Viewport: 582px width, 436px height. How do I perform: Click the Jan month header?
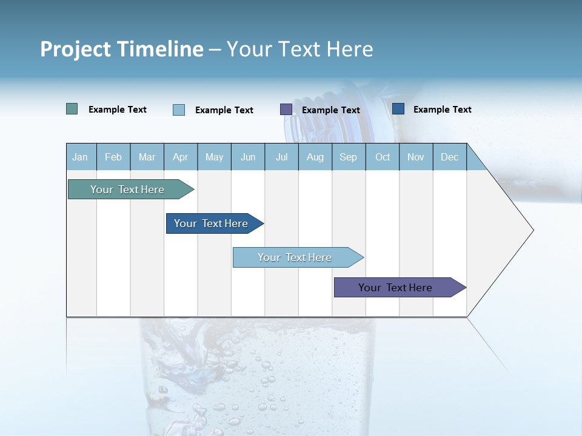80,157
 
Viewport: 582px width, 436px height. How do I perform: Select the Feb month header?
113,157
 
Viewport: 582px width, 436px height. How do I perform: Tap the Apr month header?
181,157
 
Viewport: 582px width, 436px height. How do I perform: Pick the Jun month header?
248,157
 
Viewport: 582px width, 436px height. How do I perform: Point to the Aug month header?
315,157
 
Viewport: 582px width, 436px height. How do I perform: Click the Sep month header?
349,157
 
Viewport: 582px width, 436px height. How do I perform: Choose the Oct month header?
383,157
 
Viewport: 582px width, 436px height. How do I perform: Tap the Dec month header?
450,157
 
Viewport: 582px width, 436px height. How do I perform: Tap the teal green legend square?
72,109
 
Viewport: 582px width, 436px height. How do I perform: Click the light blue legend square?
179,110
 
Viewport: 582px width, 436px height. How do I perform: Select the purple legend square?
286,109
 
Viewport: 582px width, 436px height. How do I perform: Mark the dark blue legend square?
398,108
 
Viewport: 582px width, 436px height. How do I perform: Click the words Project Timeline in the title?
122,49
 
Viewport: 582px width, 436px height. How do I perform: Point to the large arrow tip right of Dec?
509,230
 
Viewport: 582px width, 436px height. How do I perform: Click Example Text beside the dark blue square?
443,110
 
